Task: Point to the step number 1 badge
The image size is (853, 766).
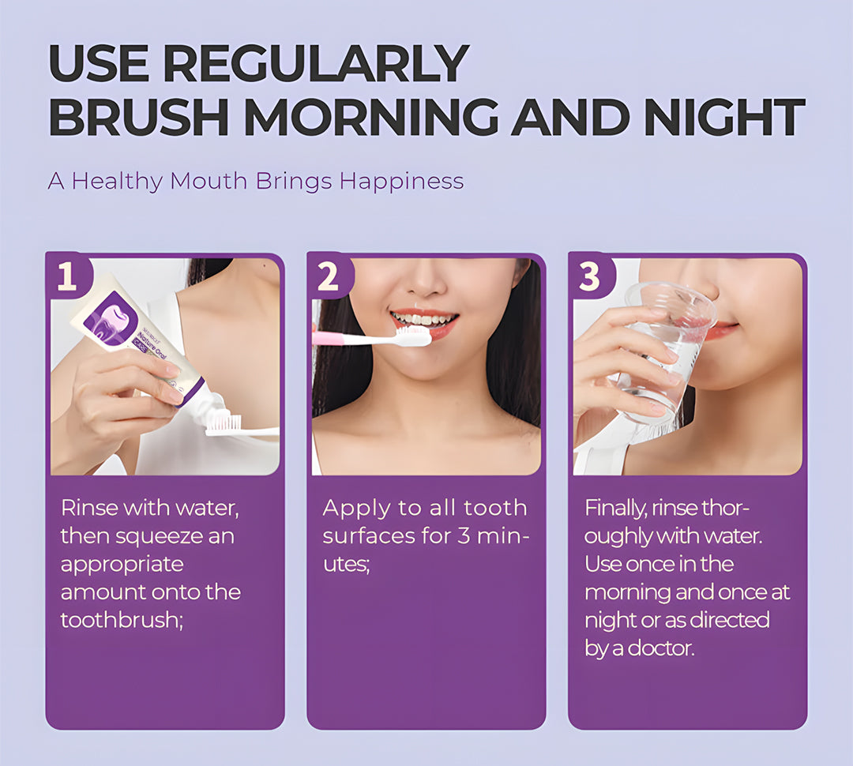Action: tap(67, 278)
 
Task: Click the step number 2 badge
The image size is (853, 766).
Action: tap(329, 278)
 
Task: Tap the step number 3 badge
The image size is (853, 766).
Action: tap(590, 278)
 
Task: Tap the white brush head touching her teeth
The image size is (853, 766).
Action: tap(412, 336)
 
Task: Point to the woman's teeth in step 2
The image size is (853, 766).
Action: tap(425, 320)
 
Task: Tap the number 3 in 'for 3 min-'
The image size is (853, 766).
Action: tap(465, 536)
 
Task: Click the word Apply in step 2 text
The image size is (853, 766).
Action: tap(352, 509)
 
